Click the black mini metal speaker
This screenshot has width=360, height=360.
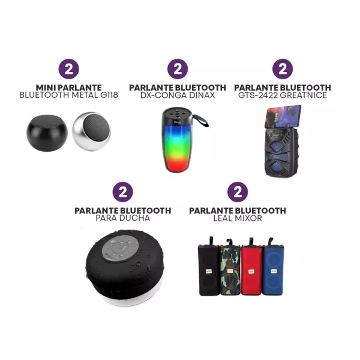(47, 133)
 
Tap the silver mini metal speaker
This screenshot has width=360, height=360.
(91, 131)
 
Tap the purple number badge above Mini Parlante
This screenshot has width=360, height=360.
(68, 69)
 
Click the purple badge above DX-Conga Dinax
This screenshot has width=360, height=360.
(178, 69)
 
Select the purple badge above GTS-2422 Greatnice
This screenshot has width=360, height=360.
(283, 69)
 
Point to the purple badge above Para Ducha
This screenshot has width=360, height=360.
(123, 192)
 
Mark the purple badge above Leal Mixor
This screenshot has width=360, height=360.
(238, 192)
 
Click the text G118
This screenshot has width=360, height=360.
(109, 95)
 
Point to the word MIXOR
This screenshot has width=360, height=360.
(249, 218)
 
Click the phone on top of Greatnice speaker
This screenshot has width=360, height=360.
(284, 116)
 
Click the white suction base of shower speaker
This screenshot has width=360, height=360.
(131, 298)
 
